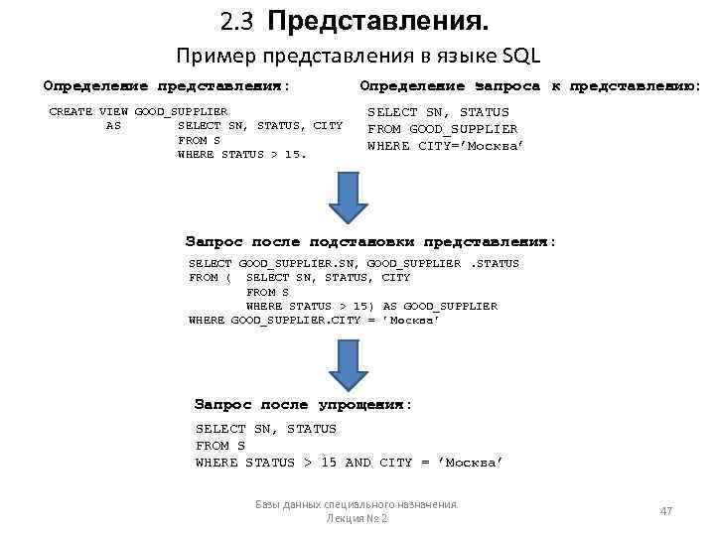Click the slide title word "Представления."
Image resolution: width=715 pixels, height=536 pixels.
click(377, 21)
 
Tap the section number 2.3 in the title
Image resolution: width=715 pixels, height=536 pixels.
click(239, 21)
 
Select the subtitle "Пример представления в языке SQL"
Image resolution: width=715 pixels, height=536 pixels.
click(357, 56)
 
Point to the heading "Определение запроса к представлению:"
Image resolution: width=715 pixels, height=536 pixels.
click(529, 86)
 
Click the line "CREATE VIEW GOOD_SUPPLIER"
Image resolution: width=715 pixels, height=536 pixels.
click(138, 111)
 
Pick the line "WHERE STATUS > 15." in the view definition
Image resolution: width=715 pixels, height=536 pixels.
click(242, 154)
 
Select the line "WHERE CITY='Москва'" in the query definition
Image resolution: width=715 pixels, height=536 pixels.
click(445, 146)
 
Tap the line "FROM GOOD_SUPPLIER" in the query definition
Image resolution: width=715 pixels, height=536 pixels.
click(442, 129)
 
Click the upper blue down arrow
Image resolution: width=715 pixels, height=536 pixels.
click(350, 199)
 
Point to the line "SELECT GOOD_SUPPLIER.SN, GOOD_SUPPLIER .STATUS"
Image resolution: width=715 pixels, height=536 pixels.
click(354, 263)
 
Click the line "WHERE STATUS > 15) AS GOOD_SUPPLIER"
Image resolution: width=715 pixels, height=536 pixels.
click(371, 306)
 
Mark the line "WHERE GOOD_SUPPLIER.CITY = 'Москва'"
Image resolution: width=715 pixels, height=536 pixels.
click(314, 320)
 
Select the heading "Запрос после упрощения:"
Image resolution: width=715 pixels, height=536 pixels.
click(302, 405)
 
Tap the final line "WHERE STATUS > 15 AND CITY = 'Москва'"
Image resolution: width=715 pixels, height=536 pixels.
click(350, 463)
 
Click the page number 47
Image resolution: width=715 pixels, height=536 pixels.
click(666, 510)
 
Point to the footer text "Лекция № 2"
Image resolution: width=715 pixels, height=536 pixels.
click(357, 519)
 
